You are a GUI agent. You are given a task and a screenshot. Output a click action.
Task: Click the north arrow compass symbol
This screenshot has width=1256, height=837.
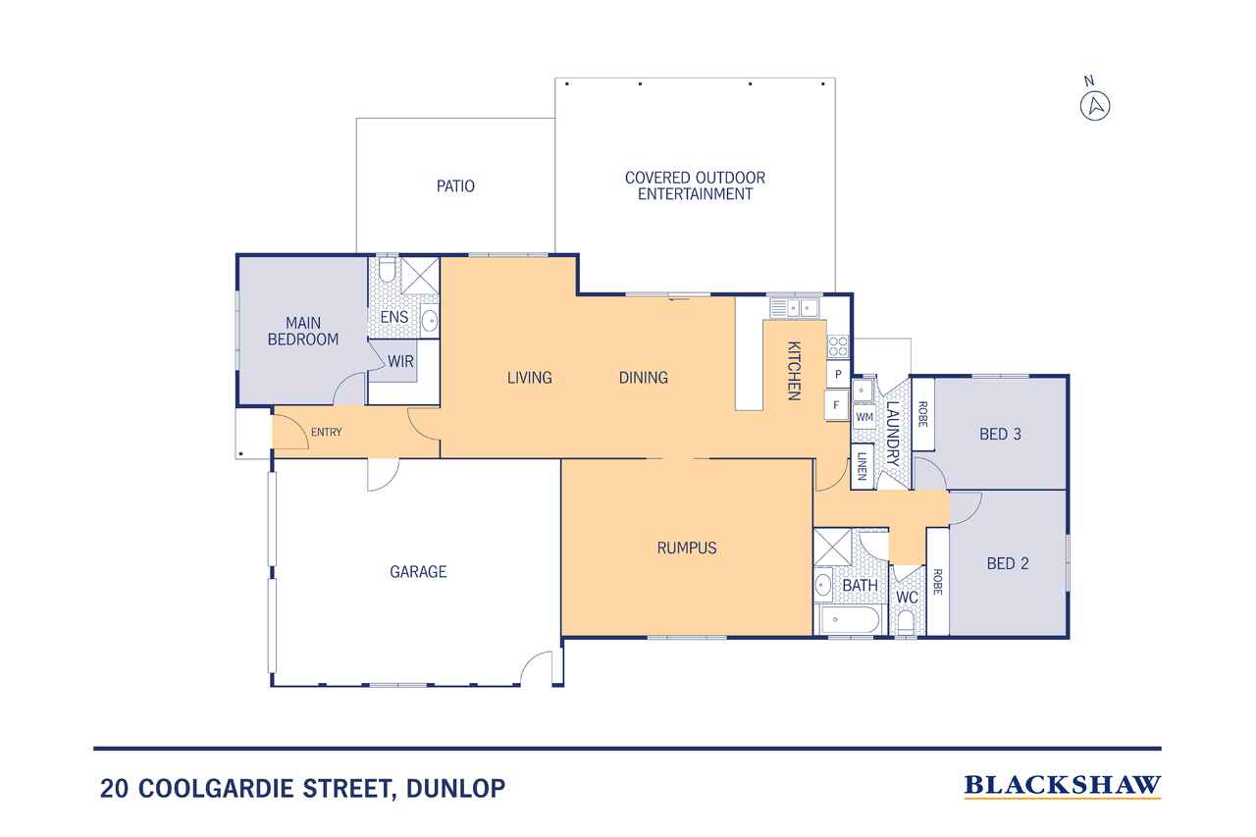tap(1094, 105)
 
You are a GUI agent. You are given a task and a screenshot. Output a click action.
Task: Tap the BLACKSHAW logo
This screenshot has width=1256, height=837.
tap(1062, 786)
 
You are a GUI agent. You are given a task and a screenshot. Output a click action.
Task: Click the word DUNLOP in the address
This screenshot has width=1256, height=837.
tap(456, 788)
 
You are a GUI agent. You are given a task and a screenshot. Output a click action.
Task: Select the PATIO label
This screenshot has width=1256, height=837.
tap(455, 186)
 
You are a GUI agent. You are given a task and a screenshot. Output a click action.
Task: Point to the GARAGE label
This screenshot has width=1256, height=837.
tap(418, 572)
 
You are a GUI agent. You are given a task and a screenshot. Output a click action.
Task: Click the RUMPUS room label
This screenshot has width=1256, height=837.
tap(687, 548)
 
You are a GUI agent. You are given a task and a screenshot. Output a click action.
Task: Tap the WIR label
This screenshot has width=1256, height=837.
tap(400, 362)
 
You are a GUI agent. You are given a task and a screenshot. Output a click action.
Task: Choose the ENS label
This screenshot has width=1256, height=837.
tap(394, 317)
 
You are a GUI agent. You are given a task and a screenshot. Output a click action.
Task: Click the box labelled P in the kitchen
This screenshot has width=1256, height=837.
tap(838, 374)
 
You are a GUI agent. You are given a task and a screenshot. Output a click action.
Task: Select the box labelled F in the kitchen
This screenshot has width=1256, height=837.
tap(837, 405)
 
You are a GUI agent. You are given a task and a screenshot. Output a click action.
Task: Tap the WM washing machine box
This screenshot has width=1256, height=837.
tap(864, 417)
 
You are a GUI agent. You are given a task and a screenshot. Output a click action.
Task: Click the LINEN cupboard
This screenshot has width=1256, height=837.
tap(863, 466)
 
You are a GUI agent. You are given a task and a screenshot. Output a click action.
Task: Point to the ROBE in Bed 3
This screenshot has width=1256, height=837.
tap(923, 414)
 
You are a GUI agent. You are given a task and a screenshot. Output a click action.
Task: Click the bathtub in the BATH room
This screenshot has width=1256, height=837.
tap(850, 619)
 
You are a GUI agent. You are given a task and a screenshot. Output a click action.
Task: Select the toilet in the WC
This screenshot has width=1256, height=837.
tap(906, 621)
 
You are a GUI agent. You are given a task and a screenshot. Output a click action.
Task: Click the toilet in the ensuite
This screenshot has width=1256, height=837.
tap(388, 269)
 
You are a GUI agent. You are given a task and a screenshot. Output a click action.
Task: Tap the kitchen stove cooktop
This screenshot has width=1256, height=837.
tap(838, 346)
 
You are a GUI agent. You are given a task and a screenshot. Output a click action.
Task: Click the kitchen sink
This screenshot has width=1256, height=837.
tap(794, 308)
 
